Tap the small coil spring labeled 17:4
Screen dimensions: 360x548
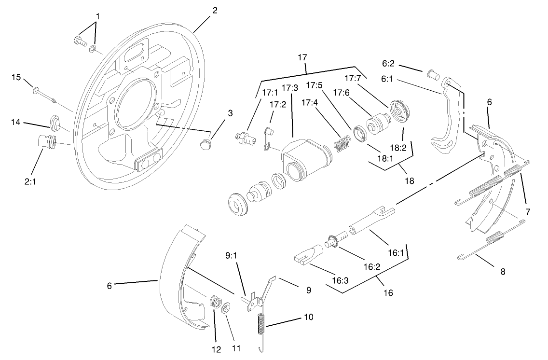click(x=342, y=144)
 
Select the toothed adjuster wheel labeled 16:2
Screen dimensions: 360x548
click(x=332, y=240)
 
